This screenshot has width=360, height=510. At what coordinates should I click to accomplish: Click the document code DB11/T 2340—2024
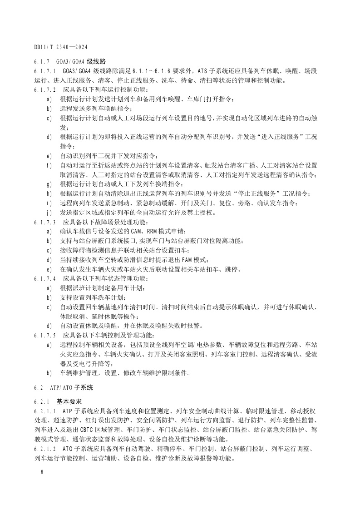[x=60, y=47]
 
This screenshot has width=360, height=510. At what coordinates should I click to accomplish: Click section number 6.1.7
[x=42, y=61]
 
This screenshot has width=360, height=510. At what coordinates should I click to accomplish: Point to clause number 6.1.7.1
[x=44, y=71]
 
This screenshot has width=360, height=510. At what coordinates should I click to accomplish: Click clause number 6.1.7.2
[x=44, y=90]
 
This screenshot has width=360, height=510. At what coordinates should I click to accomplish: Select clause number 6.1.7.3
[x=44, y=222]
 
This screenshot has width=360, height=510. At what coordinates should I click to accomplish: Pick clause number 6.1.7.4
[x=44, y=278]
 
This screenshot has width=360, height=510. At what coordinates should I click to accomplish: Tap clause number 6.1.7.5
[x=44, y=335]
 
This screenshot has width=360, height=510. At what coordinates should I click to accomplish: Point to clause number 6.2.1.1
[x=44, y=411]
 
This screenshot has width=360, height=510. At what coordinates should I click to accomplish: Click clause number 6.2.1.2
[x=44, y=449]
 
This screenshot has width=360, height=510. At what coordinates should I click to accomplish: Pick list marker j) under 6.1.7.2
[x=49, y=213]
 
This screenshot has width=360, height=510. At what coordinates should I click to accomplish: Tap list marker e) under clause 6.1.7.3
[x=49, y=269]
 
